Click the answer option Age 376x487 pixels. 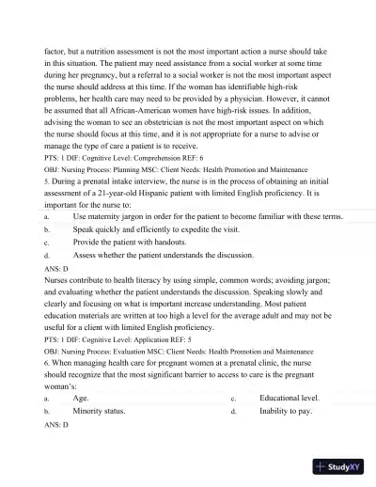[81, 399]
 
